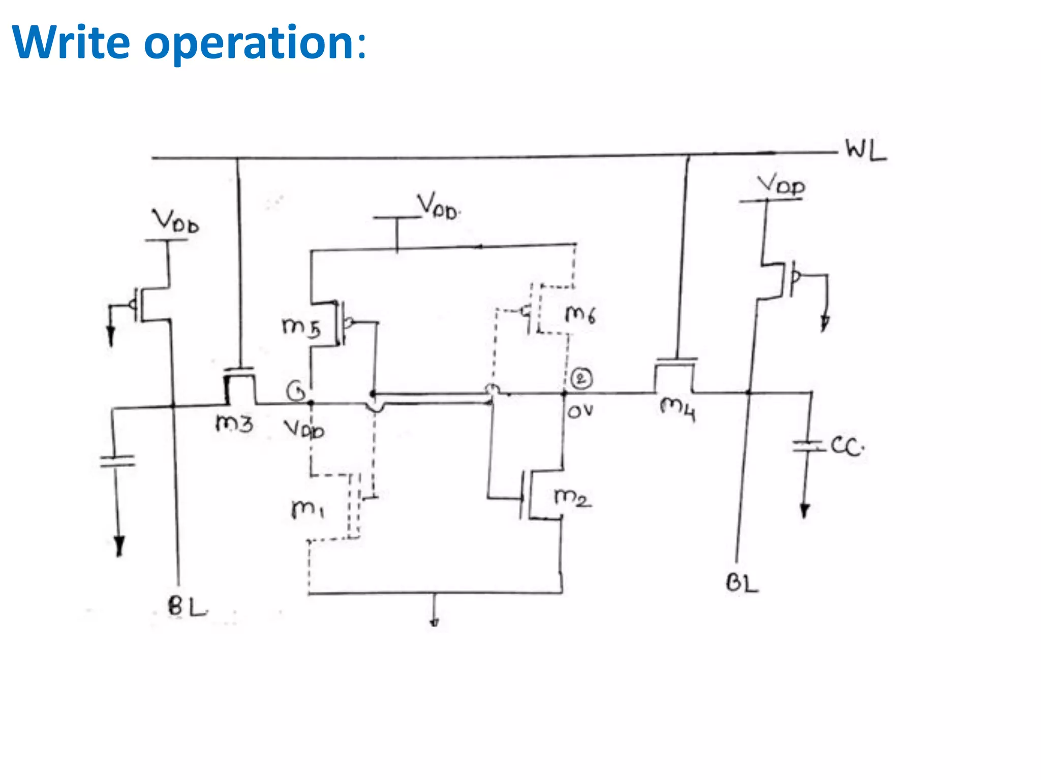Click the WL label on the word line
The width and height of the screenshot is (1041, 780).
click(x=866, y=150)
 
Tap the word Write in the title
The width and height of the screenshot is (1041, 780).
click(x=71, y=43)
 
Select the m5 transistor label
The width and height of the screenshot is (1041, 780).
click(x=301, y=327)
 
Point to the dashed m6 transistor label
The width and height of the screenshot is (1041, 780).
click(x=580, y=314)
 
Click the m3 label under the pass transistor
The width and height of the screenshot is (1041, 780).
click(x=234, y=423)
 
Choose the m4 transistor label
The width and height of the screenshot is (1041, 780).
click(x=678, y=409)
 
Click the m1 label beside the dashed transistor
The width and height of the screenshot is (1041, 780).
click(x=308, y=508)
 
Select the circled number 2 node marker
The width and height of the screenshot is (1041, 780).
click(x=581, y=379)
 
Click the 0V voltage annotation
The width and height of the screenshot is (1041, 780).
click(x=580, y=411)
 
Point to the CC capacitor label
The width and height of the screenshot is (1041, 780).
click(x=846, y=446)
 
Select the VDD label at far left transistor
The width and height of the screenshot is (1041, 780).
click(x=176, y=222)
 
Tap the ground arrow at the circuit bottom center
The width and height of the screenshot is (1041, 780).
click(x=434, y=617)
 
